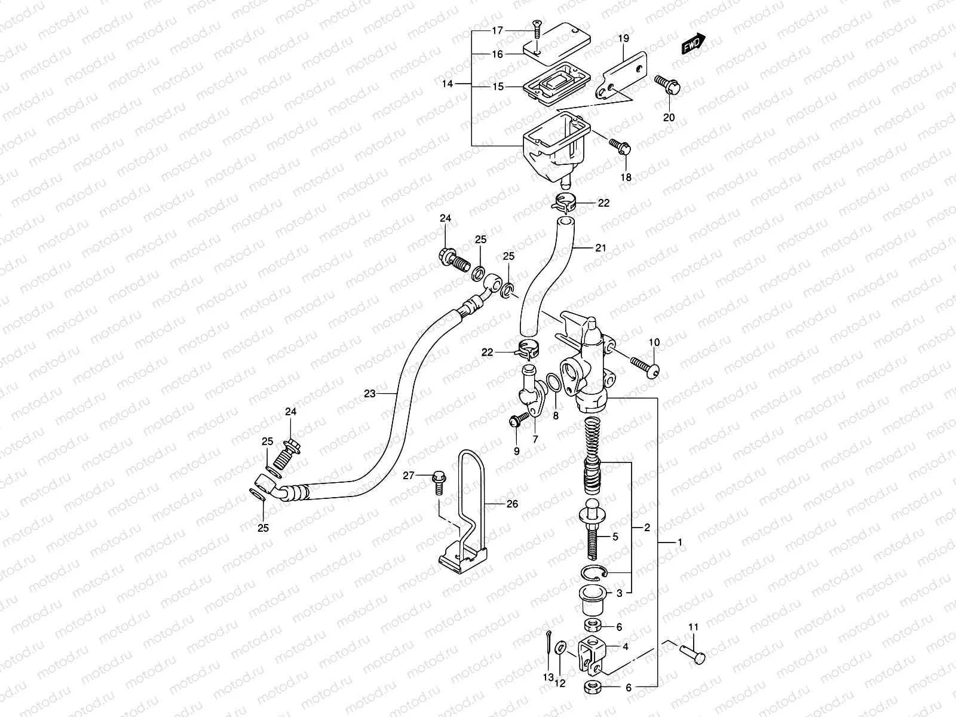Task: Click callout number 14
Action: pos(448,84)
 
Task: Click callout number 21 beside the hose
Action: pos(600,247)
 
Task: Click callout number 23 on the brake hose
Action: pos(370,393)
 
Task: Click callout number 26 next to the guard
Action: pos(511,504)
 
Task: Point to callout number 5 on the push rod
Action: pos(616,537)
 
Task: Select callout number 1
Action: pos(679,543)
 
